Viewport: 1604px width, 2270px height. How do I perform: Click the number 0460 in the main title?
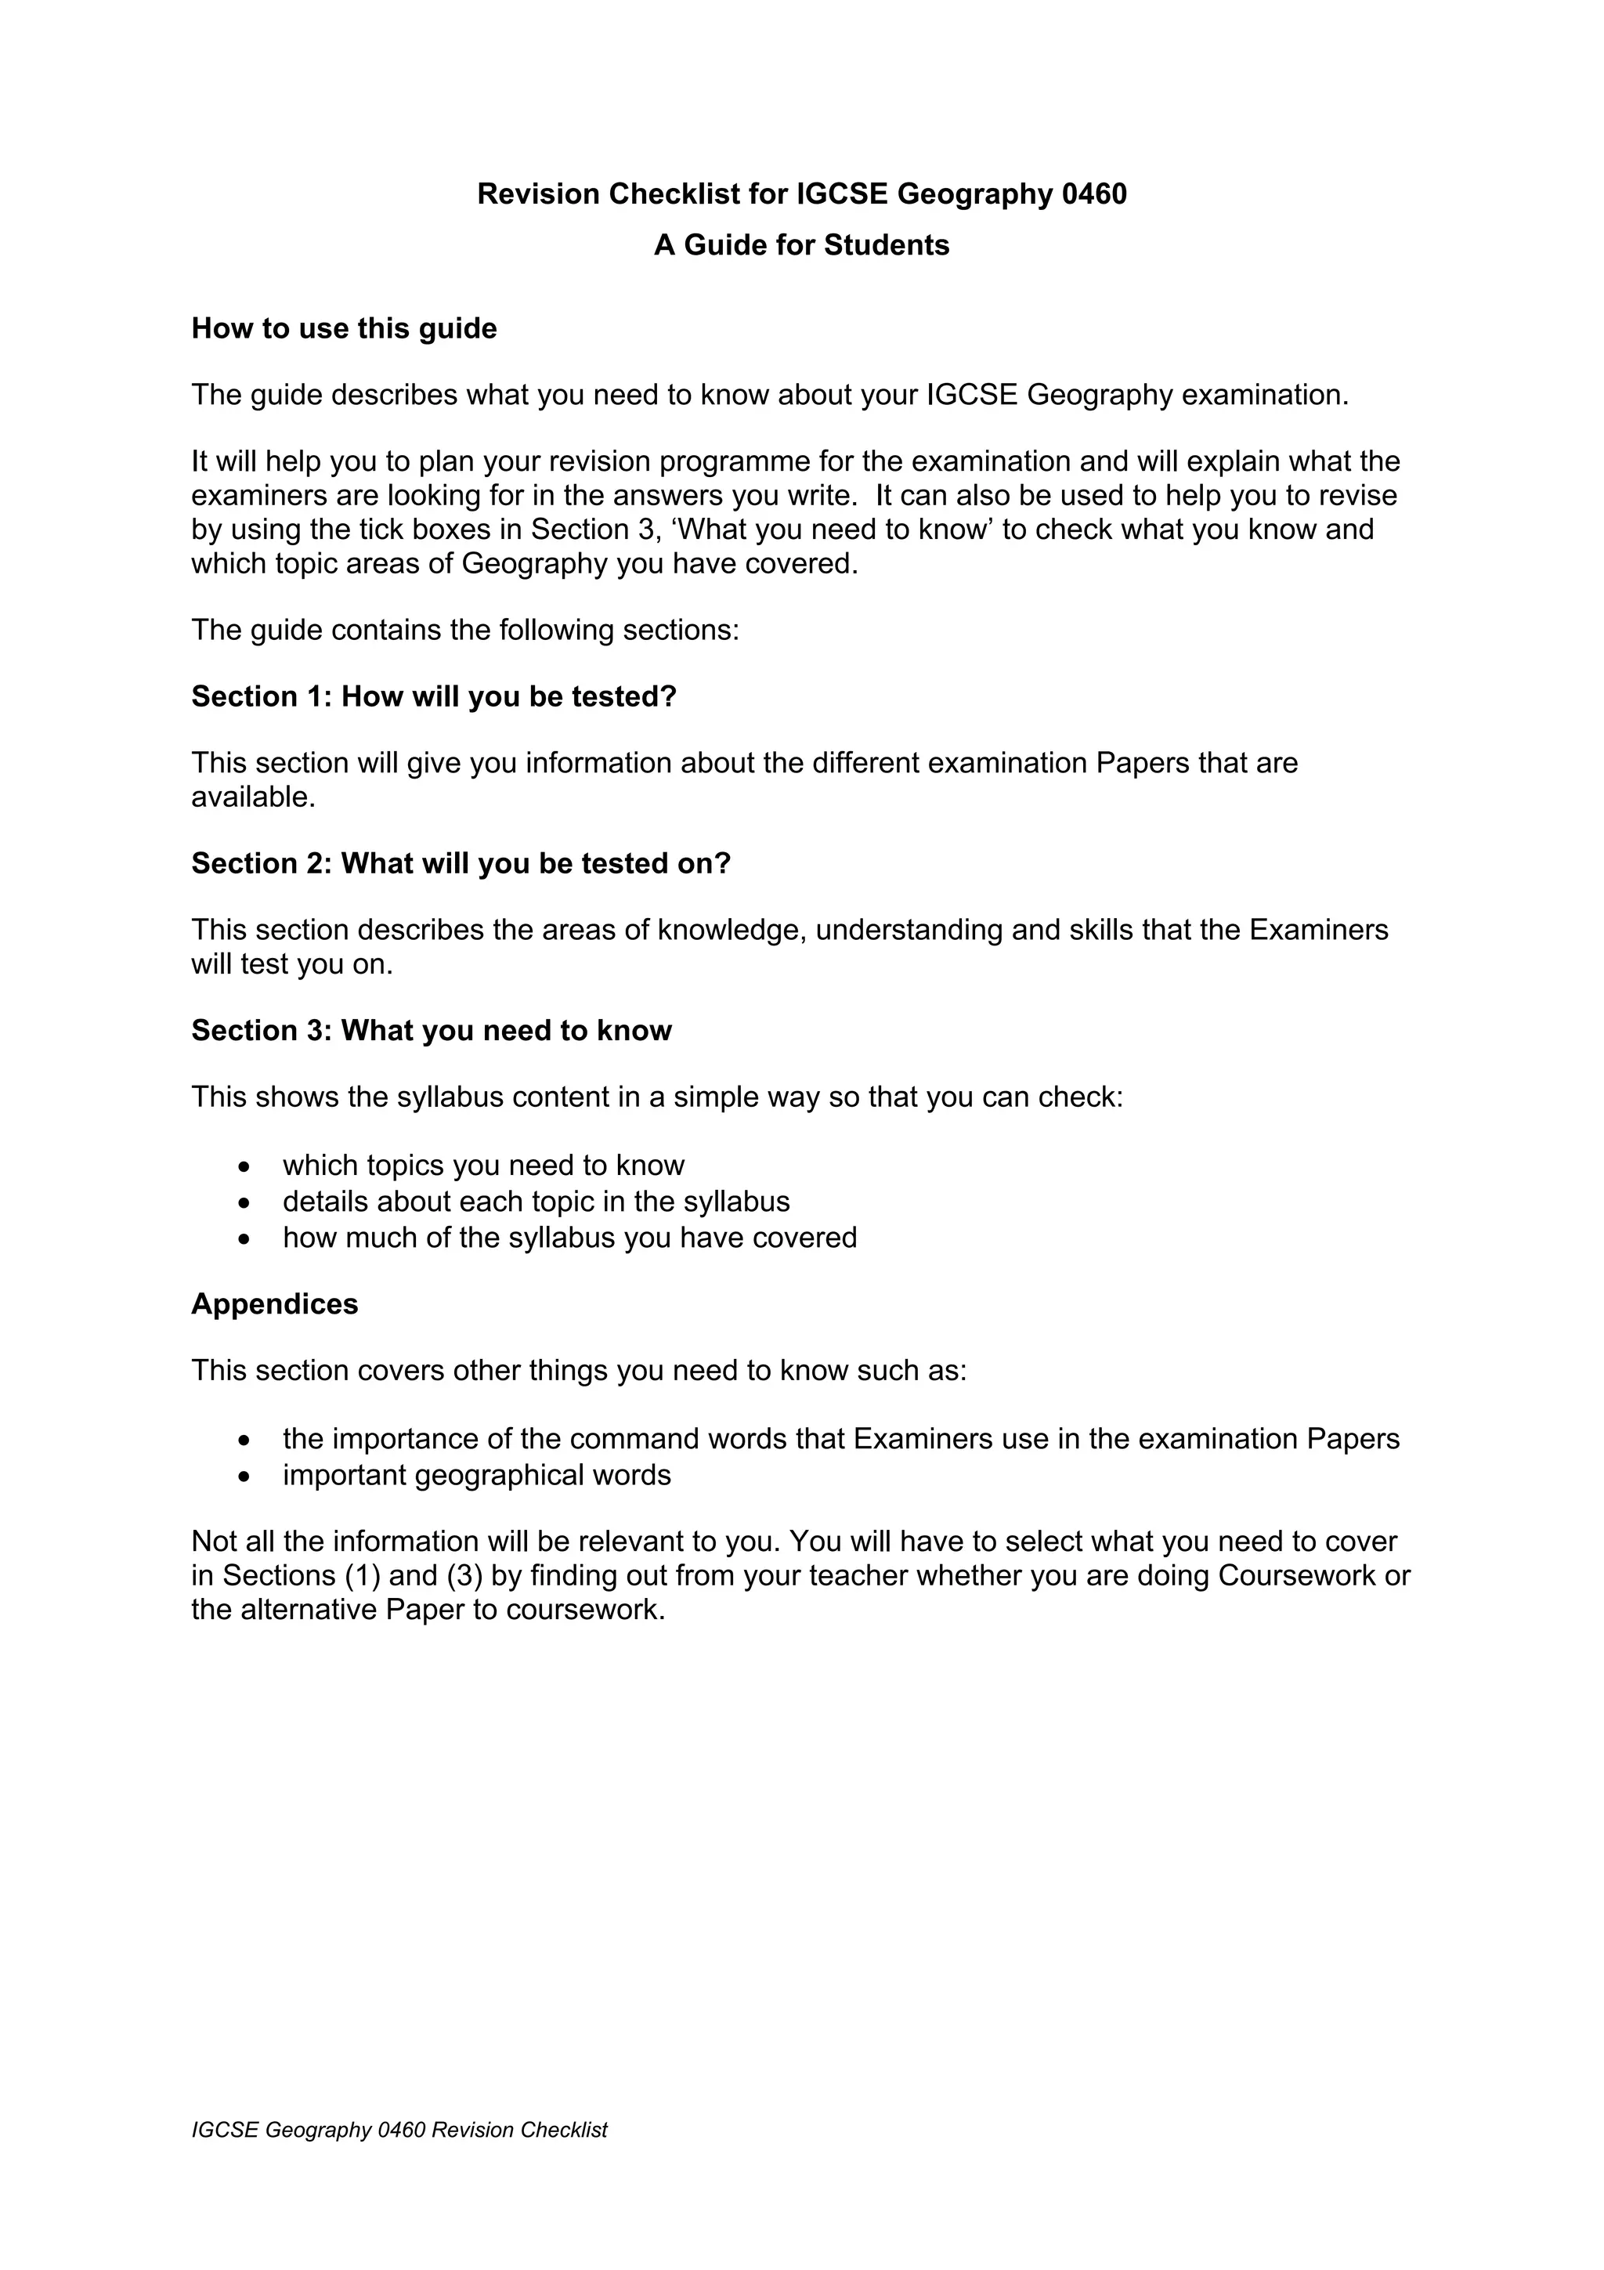point(1094,193)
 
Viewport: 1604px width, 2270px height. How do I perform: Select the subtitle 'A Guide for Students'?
point(801,245)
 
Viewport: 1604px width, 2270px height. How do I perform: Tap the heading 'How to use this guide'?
point(344,328)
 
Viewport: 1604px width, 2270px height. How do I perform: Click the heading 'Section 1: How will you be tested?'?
point(434,697)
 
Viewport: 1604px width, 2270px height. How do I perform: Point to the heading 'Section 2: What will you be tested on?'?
point(461,864)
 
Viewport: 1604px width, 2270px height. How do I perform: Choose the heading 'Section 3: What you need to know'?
point(431,1031)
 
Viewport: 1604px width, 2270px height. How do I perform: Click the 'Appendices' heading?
point(275,1304)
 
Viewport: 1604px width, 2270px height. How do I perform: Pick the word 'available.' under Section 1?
point(253,797)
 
